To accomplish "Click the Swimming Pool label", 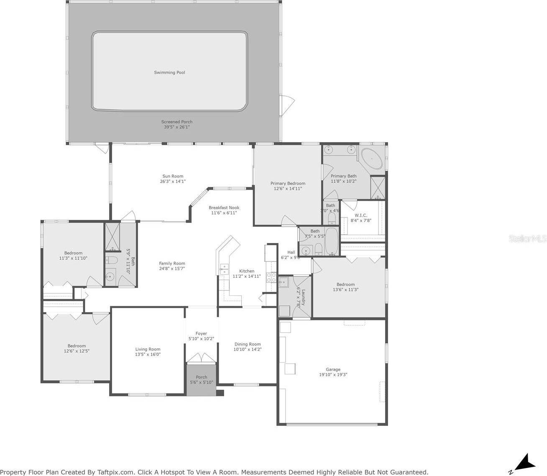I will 169,72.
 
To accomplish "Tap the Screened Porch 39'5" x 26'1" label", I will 177,124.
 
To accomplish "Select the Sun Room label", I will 173,179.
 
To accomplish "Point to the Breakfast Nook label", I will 224,210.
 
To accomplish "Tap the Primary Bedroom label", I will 288,186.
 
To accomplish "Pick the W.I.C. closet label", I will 360,218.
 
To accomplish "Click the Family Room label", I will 172,266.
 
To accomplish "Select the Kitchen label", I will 247,274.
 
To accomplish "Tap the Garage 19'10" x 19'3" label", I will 333,372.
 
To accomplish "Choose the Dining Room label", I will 248,347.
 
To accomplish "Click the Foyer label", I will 201,336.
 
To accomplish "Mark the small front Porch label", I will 202,379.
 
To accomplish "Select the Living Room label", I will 148,351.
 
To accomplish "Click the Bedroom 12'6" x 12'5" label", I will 77,348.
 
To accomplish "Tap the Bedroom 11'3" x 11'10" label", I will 73,255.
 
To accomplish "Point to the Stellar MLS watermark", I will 527,238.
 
